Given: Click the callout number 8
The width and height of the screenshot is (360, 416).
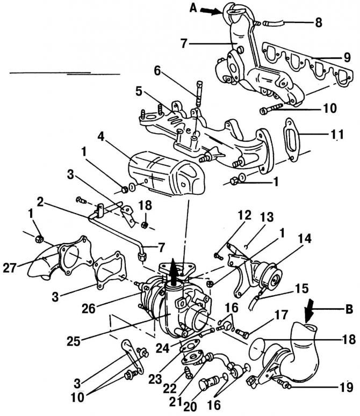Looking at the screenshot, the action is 319,23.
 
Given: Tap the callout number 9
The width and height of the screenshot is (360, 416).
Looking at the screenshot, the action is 347,57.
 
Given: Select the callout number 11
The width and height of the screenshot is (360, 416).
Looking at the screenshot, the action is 337,134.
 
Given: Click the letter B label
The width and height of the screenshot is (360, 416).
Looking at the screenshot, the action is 349,309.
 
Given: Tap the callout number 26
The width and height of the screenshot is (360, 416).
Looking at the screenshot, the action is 89,308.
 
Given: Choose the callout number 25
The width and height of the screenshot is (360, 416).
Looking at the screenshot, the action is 74,341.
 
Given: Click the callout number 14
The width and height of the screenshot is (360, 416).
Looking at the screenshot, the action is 305,239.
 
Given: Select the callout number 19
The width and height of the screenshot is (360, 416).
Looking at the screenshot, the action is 346,387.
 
